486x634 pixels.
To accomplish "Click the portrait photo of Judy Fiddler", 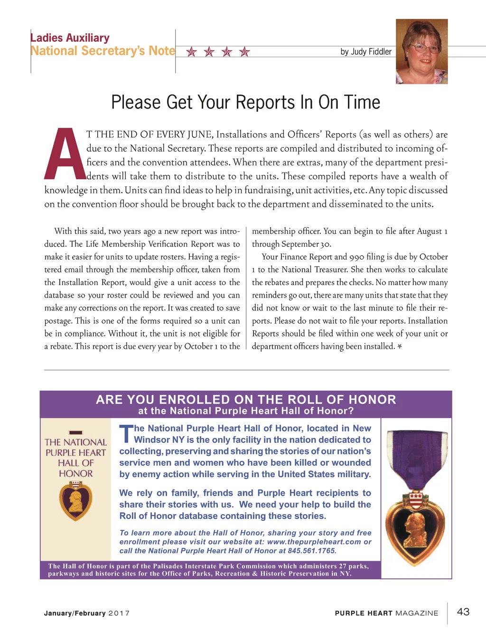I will click(x=421, y=51).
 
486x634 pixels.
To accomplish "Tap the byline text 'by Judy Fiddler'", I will click(x=366, y=52).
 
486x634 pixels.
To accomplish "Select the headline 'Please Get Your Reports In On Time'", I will click(x=245, y=103).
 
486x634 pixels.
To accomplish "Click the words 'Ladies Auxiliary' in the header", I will click(x=70, y=38).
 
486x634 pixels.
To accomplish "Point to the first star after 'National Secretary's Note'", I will click(x=191, y=52).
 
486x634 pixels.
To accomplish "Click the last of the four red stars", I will click(x=244, y=52).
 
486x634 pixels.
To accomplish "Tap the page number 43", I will click(x=463, y=612).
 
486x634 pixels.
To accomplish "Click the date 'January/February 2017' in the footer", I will click(x=87, y=613).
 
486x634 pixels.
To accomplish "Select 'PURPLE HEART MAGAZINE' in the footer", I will click(x=386, y=613).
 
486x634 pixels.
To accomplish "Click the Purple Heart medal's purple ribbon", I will click(x=416, y=459).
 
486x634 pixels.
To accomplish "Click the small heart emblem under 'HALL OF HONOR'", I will click(x=75, y=500).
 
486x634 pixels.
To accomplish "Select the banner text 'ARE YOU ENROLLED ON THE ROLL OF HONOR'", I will click(x=246, y=400).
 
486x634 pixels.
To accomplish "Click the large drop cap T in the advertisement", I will click(x=126, y=433).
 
